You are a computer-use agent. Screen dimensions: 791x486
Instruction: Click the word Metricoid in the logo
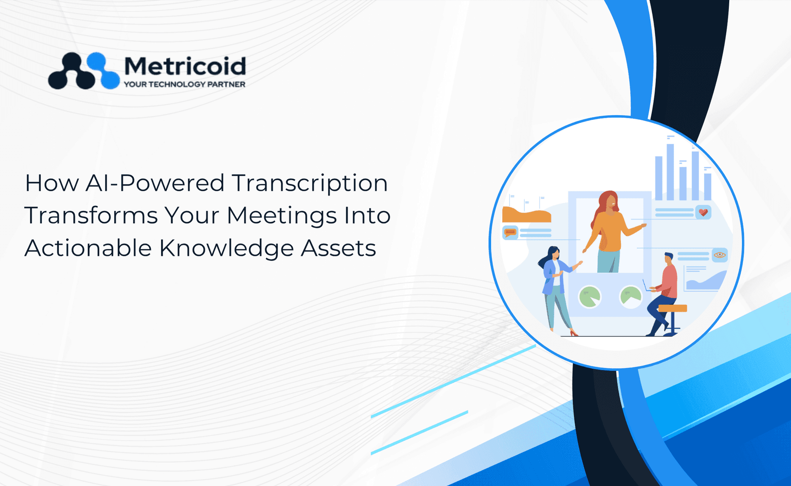(185, 66)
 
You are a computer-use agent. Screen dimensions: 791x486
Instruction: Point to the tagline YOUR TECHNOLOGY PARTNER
(185, 84)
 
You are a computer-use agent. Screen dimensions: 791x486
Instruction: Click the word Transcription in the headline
(309, 184)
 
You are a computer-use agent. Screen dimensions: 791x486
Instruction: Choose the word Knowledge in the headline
(226, 249)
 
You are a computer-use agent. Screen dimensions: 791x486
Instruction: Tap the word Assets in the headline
(338, 249)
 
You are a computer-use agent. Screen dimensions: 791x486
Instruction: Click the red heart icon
(703, 212)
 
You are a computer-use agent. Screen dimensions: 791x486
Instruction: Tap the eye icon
(720, 255)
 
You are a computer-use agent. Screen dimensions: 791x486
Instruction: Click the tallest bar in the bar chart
(670, 172)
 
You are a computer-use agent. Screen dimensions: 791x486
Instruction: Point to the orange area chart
(527, 215)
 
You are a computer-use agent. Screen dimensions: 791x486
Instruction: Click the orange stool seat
(672, 308)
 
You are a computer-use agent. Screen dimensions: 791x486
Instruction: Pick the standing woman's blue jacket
(552, 276)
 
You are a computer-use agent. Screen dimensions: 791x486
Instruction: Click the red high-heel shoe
(573, 333)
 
